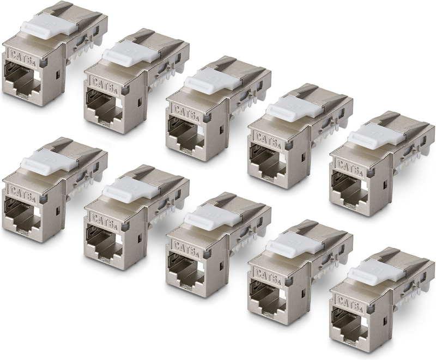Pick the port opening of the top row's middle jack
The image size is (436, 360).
tap(187, 131)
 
